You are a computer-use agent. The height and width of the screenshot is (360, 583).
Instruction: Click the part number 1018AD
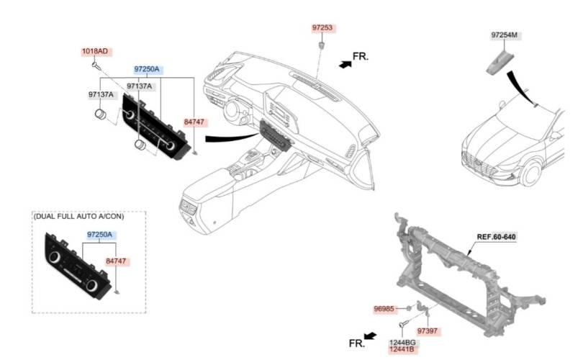[x=95, y=51]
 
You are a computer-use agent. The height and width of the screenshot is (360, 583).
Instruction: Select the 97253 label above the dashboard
[x=322, y=28]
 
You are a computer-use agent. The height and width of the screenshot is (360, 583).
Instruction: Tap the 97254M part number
[x=504, y=35]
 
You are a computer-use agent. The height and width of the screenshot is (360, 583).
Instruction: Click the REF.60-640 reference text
[x=497, y=237]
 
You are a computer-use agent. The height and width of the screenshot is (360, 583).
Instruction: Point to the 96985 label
[x=384, y=309]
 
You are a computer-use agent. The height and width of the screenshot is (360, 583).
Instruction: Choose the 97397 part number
[x=428, y=331]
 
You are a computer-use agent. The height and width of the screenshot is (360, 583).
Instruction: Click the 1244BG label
[x=402, y=343]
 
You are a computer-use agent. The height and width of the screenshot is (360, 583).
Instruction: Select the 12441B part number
[x=402, y=350]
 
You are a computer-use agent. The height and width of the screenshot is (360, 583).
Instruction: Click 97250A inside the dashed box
[x=99, y=235]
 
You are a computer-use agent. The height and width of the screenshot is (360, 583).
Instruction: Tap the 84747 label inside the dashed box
[x=116, y=261]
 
